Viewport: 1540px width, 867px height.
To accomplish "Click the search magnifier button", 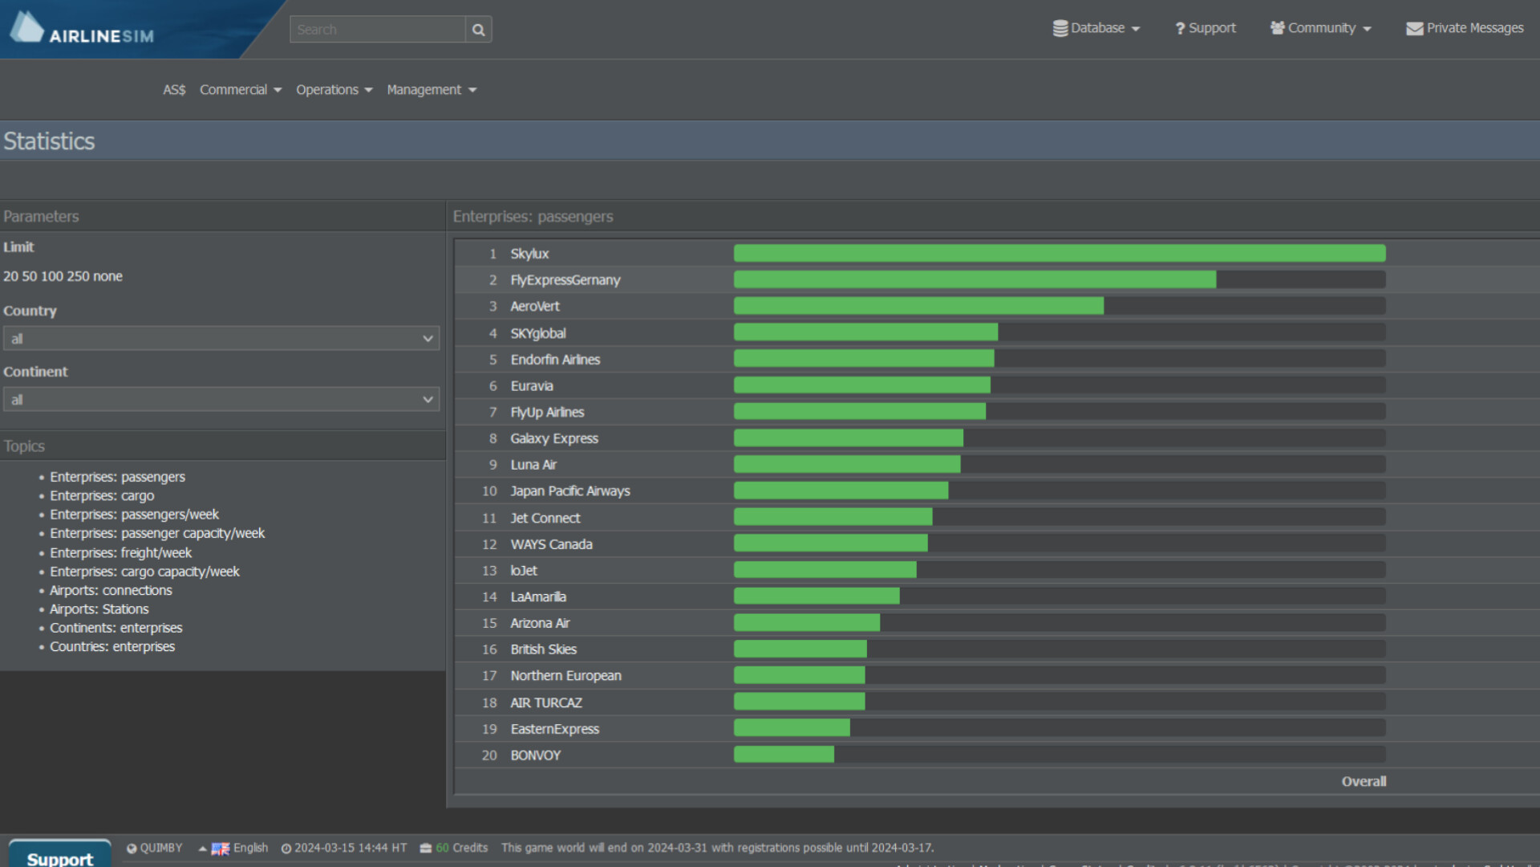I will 478,30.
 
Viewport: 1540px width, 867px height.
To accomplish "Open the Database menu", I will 1096,28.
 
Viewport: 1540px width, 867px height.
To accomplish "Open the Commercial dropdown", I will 240,90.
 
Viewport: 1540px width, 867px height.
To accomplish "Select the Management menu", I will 431,90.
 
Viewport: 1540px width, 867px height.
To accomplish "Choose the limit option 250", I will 78,276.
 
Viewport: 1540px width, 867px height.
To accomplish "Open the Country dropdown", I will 221,339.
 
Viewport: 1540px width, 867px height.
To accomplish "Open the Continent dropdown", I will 221,400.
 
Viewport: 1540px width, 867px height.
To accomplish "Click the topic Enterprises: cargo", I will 102,496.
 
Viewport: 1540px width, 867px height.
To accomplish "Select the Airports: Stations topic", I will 99,609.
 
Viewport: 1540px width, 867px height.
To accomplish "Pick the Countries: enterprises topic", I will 112,647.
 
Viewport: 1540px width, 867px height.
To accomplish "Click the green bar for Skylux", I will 1059,254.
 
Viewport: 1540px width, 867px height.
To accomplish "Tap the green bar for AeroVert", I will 918,306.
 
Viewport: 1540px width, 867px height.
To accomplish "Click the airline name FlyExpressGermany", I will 565,280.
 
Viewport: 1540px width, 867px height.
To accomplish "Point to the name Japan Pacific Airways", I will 569,491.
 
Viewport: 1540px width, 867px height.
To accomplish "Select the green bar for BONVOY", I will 783,755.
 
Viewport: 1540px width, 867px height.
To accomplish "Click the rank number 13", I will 489,571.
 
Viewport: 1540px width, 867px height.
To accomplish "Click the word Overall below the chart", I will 1363,782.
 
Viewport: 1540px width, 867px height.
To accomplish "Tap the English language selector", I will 241,848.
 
